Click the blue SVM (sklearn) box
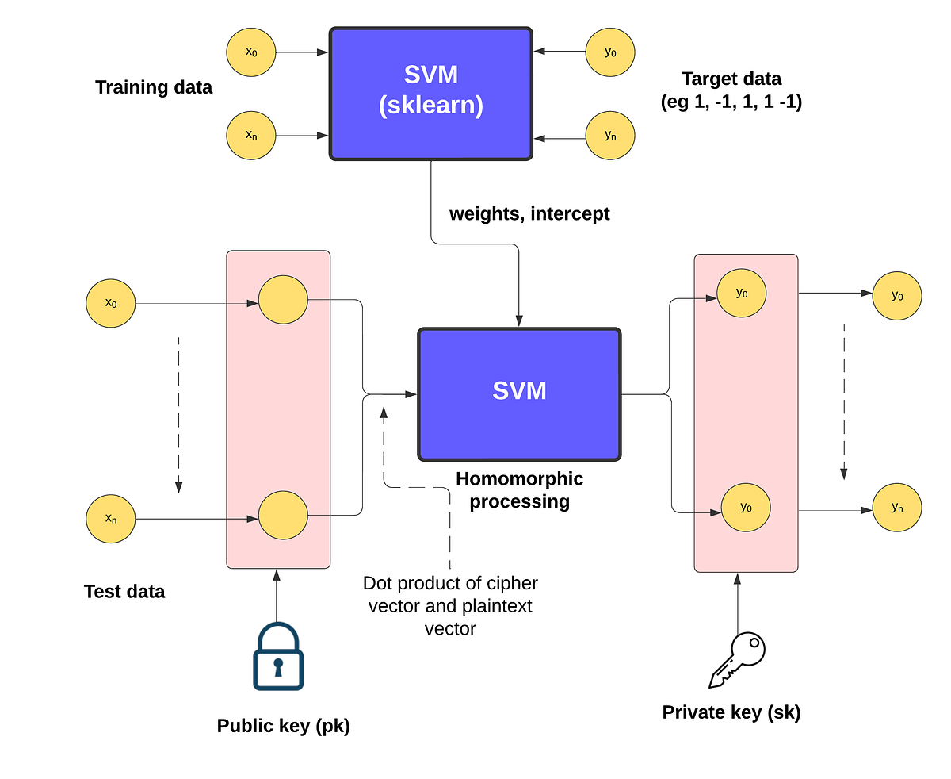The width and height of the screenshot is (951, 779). [x=430, y=94]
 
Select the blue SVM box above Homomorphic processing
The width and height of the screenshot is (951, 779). [x=519, y=393]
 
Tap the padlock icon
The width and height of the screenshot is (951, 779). [x=277, y=657]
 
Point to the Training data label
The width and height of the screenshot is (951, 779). [x=154, y=87]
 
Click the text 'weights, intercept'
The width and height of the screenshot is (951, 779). [x=529, y=213]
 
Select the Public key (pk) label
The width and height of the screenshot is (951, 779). [x=283, y=726]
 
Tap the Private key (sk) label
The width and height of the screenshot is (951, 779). [x=731, y=712]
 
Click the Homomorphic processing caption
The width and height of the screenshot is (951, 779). [x=519, y=489]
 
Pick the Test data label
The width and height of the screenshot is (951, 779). [x=124, y=591]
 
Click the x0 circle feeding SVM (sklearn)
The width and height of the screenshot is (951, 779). [x=251, y=52]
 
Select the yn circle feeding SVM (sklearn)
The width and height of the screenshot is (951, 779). [x=610, y=136]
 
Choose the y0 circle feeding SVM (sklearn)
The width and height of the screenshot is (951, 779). [x=610, y=52]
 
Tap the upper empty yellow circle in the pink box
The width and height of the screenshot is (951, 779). [x=283, y=300]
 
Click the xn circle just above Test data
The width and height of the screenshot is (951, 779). [x=111, y=519]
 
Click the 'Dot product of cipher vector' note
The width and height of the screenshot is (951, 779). [x=450, y=605]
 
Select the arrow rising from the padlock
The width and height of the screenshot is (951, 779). [x=277, y=595]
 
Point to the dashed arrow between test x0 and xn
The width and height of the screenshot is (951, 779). [x=179, y=413]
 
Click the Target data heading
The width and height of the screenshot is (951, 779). [x=731, y=90]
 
